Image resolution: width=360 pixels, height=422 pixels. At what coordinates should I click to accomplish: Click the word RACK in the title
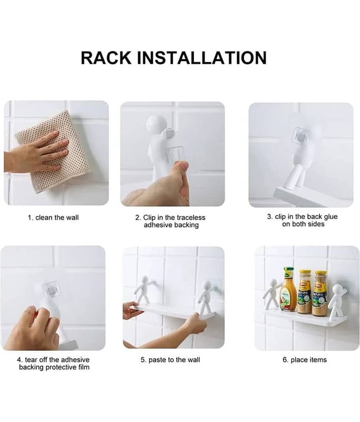[x=106, y=57]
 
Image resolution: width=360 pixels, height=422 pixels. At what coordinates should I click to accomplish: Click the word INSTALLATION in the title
[x=202, y=57]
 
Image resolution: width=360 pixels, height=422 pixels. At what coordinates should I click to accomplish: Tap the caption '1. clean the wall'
[x=53, y=217]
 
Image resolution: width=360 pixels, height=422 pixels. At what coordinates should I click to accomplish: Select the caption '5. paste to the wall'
[x=170, y=360]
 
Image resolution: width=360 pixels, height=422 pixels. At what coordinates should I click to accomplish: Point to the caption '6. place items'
[x=305, y=360]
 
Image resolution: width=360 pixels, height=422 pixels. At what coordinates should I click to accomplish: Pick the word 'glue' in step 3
[x=330, y=217]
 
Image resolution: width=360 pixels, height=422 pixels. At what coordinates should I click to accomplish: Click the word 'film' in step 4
[x=84, y=367]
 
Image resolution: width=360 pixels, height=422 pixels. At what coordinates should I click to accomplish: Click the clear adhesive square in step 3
[x=298, y=136]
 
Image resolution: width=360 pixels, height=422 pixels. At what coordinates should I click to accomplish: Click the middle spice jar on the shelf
[x=305, y=292]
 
